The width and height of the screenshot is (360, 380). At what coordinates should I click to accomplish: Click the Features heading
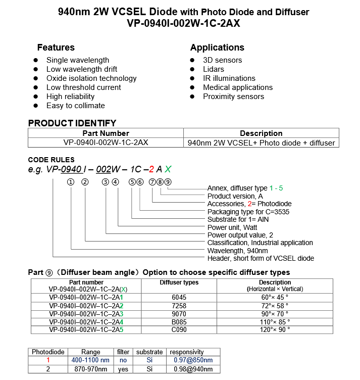coord(56,47)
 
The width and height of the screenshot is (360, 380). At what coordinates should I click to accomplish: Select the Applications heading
coord(217,47)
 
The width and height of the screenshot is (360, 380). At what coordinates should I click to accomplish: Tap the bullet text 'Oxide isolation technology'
coord(91,78)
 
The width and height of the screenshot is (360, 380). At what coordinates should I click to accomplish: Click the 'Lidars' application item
coord(214,69)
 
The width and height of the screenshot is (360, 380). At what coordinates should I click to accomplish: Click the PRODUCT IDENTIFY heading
coord(72,123)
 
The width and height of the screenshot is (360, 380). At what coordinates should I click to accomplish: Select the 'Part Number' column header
coord(106,133)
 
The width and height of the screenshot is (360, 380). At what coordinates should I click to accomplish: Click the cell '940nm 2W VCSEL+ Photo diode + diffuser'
coord(261,142)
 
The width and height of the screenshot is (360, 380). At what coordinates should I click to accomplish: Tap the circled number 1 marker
coord(71,182)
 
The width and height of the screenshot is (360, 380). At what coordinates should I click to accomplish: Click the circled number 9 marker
coord(168,182)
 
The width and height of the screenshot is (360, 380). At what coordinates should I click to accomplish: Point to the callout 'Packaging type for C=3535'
coord(248,212)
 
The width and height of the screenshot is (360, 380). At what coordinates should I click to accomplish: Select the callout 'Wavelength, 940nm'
coord(237,251)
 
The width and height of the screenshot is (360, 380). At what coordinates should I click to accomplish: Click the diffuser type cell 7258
coord(179,306)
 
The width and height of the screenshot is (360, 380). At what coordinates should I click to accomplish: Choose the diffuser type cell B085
coord(179,322)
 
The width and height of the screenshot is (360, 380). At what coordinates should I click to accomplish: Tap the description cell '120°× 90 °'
coord(275,329)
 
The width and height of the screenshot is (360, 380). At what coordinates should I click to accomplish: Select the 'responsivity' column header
coord(187,352)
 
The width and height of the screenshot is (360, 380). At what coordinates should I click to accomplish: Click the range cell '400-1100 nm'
coord(91,360)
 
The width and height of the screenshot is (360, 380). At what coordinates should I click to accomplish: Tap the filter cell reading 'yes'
coord(123,369)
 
